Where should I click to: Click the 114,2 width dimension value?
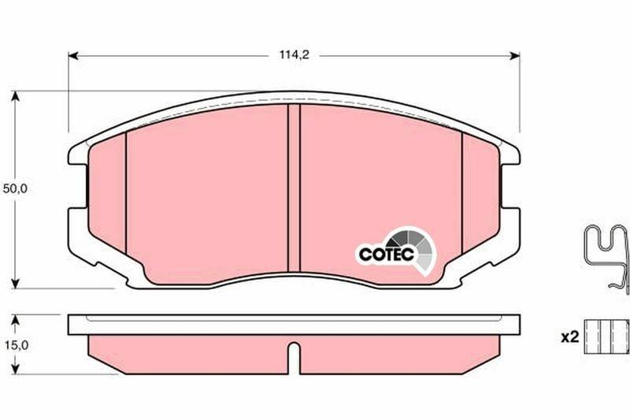pyautogui.click(x=294, y=55)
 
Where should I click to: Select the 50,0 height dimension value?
pyautogui.click(x=15, y=188)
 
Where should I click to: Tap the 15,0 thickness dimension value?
pyautogui.click(x=16, y=345)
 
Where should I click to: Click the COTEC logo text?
pyautogui.click(x=386, y=254)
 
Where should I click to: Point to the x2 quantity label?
pyautogui.click(x=569, y=337)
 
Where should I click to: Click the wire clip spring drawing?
pyautogui.click(x=606, y=258)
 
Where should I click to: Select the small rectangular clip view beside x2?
pyautogui.click(x=606, y=336)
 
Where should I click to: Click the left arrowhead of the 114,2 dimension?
pyautogui.click(x=73, y=55)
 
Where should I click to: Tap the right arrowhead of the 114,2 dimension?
pyautogui.click(x=514, y=55)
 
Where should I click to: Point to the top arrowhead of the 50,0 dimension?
pyautogui.click(x=15, y=96)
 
